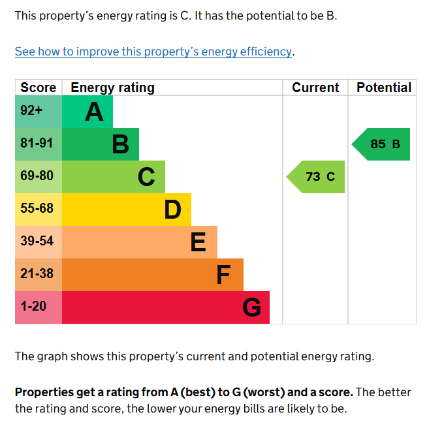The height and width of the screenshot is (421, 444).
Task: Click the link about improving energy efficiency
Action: point(153,52)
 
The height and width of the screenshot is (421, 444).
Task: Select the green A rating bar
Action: point(87,112)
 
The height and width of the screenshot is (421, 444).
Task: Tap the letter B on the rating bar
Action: point(120,144)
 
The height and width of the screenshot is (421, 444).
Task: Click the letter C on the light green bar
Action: point(146,177)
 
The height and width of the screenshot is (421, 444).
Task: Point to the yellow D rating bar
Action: point(126,210)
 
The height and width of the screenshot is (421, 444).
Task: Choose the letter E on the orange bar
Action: point(198,242)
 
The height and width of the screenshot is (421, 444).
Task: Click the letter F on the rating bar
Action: point(223,275)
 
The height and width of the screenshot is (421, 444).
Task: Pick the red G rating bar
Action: point(165,307)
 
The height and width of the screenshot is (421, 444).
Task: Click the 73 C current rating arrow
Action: point(317,177)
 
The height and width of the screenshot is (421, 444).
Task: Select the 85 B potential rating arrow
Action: point(382,144)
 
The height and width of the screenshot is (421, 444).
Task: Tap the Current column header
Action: point(315,87)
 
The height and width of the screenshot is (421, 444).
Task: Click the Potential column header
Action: point(384,87)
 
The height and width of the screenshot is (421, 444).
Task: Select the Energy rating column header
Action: point(112,87)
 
